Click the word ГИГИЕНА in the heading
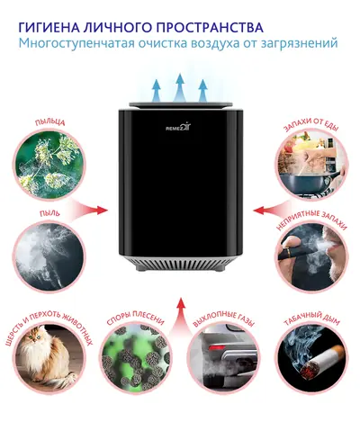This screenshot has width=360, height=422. (48, 27)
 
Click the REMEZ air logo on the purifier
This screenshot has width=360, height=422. (178, 128)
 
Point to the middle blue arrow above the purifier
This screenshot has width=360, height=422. (180, 87)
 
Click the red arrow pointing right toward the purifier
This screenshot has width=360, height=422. (89, 209)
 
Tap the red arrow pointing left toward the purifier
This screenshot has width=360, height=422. (271, 210)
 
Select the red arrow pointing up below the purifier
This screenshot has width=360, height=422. (180, 315)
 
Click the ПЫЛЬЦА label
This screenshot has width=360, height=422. (49, 122)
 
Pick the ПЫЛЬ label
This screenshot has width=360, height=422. (49, 213)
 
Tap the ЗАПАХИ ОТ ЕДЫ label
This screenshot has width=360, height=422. (310, 124)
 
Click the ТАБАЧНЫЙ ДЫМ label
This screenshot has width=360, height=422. (311, 320)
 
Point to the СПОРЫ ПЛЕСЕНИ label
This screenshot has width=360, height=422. (136, 319)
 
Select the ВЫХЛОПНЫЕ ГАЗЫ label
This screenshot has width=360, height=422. (223, 319)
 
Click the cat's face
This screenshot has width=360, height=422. (34, 337)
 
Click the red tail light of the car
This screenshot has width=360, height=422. (217, 347)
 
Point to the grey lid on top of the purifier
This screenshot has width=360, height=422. (181, 104)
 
